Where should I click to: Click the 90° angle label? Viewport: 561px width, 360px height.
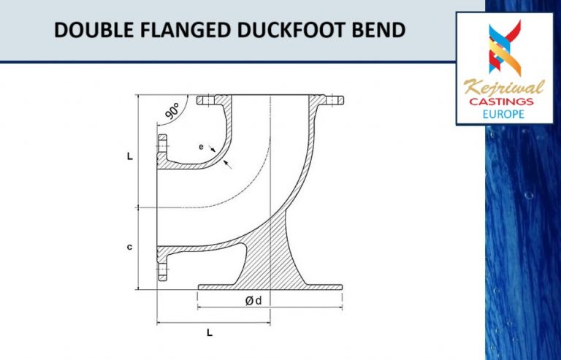172,112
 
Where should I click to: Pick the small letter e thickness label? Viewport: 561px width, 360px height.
201,147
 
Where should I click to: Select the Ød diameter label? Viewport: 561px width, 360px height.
253,300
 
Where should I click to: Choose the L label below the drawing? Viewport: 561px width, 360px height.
210,333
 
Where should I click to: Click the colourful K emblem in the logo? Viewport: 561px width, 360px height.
503,47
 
